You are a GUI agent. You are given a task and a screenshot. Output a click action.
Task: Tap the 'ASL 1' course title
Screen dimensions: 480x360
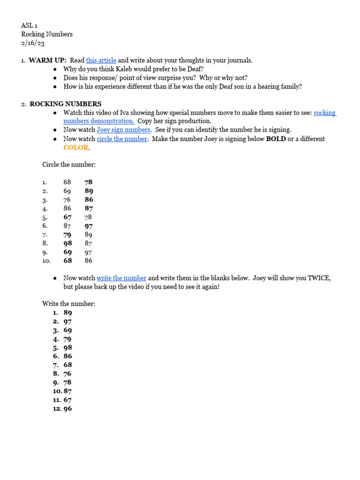[x=29, y=26]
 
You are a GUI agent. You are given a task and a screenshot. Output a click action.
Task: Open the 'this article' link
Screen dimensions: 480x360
[x=101, y=60]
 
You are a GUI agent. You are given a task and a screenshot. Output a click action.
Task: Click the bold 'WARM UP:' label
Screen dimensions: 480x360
[x=48, y=60]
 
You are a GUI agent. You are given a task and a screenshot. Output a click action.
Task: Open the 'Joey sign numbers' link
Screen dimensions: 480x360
[x=123, y=130]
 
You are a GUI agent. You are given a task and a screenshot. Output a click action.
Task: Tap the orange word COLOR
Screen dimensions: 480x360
[x=75, y=147]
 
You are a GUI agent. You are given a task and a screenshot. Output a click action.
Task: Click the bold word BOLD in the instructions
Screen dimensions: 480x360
[x=276, y=139]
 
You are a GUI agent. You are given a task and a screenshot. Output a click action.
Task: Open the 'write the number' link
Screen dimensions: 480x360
[x=121, y=278]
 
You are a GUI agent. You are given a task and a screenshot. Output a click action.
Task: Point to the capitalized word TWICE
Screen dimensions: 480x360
[x=318, y=278]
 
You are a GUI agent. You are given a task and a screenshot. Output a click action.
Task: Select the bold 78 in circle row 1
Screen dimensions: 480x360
[x=89, y=182]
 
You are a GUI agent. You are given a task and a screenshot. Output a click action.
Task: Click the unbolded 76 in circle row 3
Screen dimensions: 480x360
[x=67, y=200]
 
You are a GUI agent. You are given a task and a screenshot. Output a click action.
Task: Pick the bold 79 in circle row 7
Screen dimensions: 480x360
[x=67, y=234]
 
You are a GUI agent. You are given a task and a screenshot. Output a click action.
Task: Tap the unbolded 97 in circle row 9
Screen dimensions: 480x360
[x=88, y=252]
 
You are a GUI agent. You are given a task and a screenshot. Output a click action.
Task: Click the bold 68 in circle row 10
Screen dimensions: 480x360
[x=67, y=261]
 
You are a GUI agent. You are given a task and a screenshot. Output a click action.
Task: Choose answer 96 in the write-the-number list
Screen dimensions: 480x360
[x=67, y=409]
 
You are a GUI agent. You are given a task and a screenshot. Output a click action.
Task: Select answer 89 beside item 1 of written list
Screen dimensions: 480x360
[x=67, y=313]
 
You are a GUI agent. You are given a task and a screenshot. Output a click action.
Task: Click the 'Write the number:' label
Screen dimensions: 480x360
[x=68, y=304]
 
